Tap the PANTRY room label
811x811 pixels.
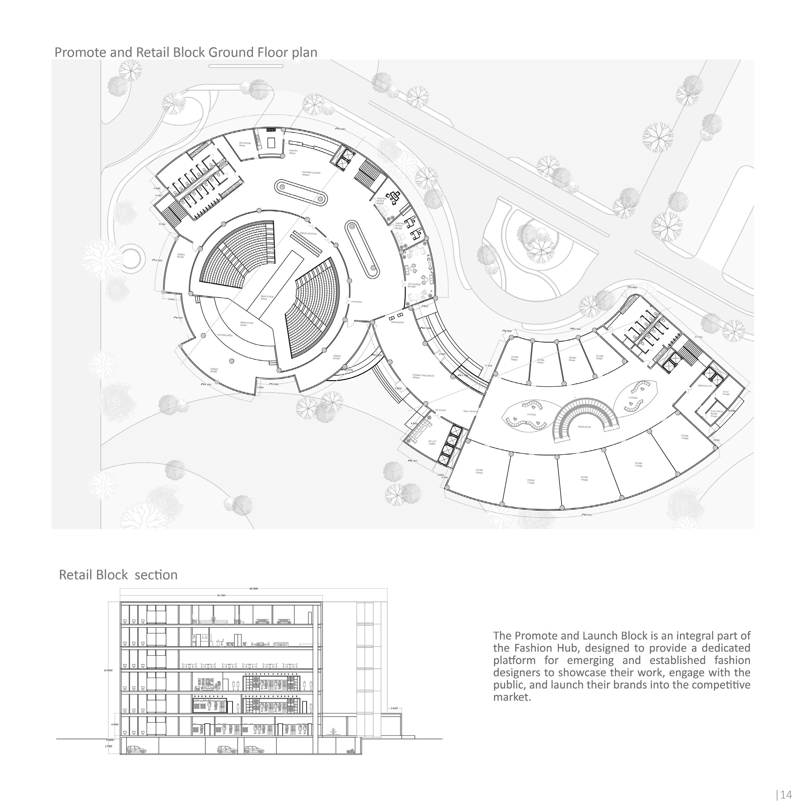(x=293, y=152)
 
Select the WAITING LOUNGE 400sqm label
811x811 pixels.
(x=311, y=173)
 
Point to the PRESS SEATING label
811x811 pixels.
(x=308, y=233)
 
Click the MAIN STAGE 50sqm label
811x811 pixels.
(x=267, y=297)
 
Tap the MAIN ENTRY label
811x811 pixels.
(x=397, y=322)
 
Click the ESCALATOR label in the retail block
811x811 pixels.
(x=584, y=427)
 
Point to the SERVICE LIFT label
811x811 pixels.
(x=705, y=386)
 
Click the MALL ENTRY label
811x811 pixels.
(x=470, y=411)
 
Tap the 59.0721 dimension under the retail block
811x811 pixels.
(x=588, y=515)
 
